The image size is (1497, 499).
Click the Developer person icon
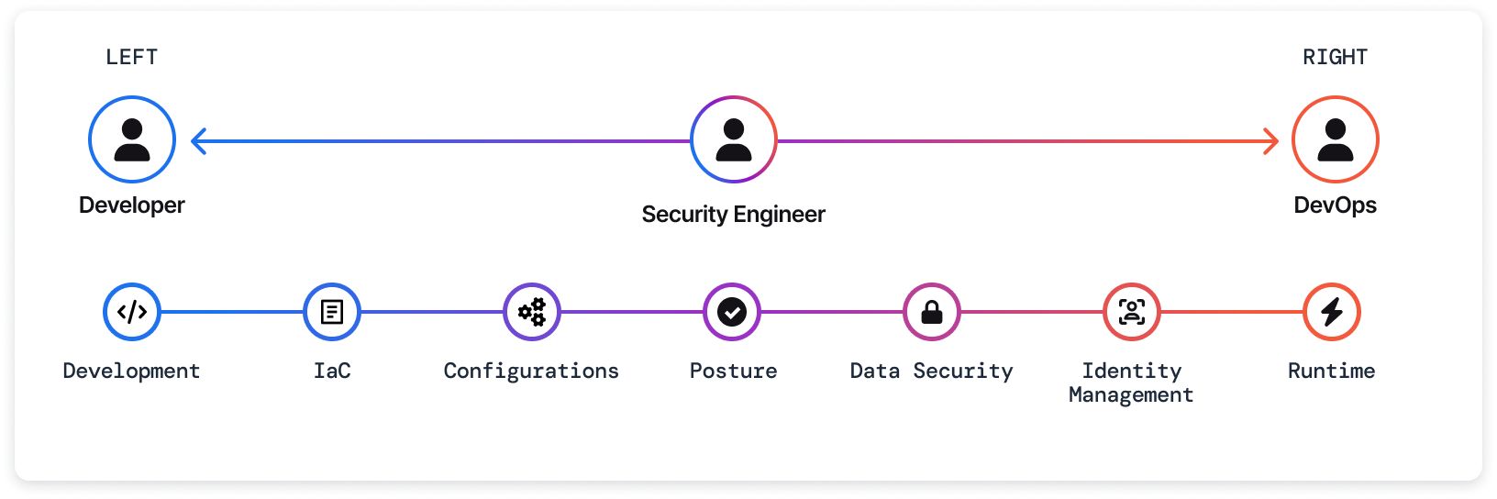coord(132,139)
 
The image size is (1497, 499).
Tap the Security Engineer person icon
coord(734,139)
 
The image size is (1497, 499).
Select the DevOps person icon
coord(1335,139)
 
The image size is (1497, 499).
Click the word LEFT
coord(132,57)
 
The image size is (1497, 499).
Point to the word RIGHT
coord(1335,57)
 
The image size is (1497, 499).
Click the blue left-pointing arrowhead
coord(198,141)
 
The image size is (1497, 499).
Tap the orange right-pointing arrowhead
coord(1271,141)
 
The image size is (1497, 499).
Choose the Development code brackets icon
coord(132,312)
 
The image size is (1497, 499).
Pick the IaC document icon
coord(332,312)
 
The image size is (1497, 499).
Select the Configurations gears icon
coord(532,312)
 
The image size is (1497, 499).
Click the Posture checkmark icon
coord(732,312)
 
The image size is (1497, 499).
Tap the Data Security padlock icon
coord(932,312)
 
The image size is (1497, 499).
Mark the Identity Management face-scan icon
coord(1132,312)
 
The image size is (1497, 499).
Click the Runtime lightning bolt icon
coord(1332,312)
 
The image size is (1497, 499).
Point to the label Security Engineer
coord(734,214)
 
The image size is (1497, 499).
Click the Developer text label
coord(132,205)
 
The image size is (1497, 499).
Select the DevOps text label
coord(1335,205)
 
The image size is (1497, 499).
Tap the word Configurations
coord(531,371)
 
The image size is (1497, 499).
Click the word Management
coord(1131,394)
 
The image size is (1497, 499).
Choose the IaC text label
coord(332,371)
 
